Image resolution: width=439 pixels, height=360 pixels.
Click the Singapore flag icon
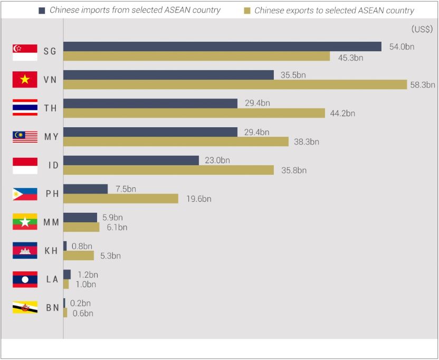coord(25,52)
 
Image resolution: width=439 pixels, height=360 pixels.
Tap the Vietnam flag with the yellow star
coord(25,80)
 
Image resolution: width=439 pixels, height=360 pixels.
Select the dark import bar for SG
coord(222,46)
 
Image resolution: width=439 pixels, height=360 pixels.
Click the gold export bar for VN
coord(235,84)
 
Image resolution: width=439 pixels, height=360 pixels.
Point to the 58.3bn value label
coord(422,84)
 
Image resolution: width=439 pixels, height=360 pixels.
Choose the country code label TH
coord(51,108)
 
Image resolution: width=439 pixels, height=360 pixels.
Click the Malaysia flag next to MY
coord(25,137)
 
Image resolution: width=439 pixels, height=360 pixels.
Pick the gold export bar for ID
coord(168,170)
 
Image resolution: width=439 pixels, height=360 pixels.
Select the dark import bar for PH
coord(85,189)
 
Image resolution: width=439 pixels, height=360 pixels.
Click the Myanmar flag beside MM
coord(25,222)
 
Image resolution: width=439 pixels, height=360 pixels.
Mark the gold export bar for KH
coord(79,255)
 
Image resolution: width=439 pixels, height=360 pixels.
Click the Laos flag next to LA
coord(25,279)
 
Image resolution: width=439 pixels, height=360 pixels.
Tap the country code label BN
coord(52,308)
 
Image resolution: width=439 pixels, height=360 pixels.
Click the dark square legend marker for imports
coord(42,10)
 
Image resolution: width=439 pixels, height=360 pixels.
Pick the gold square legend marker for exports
coord(246,11)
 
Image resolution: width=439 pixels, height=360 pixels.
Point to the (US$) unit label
coord(422,30)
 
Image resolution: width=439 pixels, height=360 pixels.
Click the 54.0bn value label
coord(402,46)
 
